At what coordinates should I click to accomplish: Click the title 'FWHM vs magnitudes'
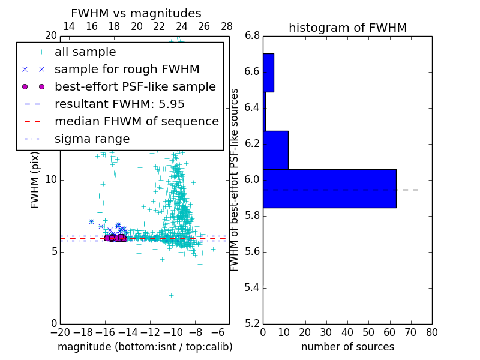[136, 13]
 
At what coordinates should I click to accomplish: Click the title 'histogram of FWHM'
[347, 28]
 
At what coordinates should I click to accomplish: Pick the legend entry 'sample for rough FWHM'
[127, 70]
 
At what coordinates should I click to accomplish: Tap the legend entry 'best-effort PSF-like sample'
[135, 87]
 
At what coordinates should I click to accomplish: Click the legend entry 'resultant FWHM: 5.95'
[119, 104]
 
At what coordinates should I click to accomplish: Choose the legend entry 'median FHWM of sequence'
[136, 122]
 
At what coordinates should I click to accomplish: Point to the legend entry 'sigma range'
[92, 139]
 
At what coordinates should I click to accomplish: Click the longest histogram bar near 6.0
[329, 188]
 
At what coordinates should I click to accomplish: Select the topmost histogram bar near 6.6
[268, 73]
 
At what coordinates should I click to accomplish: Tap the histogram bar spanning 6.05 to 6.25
[275, 150]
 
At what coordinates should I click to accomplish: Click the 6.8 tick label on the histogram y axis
[253, 36]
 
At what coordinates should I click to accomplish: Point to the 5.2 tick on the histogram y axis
[253, 323]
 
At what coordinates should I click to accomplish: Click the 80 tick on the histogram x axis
[431, 331]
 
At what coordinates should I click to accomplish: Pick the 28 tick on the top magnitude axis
[227, 27]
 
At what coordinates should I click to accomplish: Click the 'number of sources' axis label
[347, 347]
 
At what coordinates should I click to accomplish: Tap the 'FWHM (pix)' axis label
[35, 179]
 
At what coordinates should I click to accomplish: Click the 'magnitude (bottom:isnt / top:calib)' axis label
[145, 347]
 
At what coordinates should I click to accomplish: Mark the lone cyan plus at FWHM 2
[171, 295]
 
